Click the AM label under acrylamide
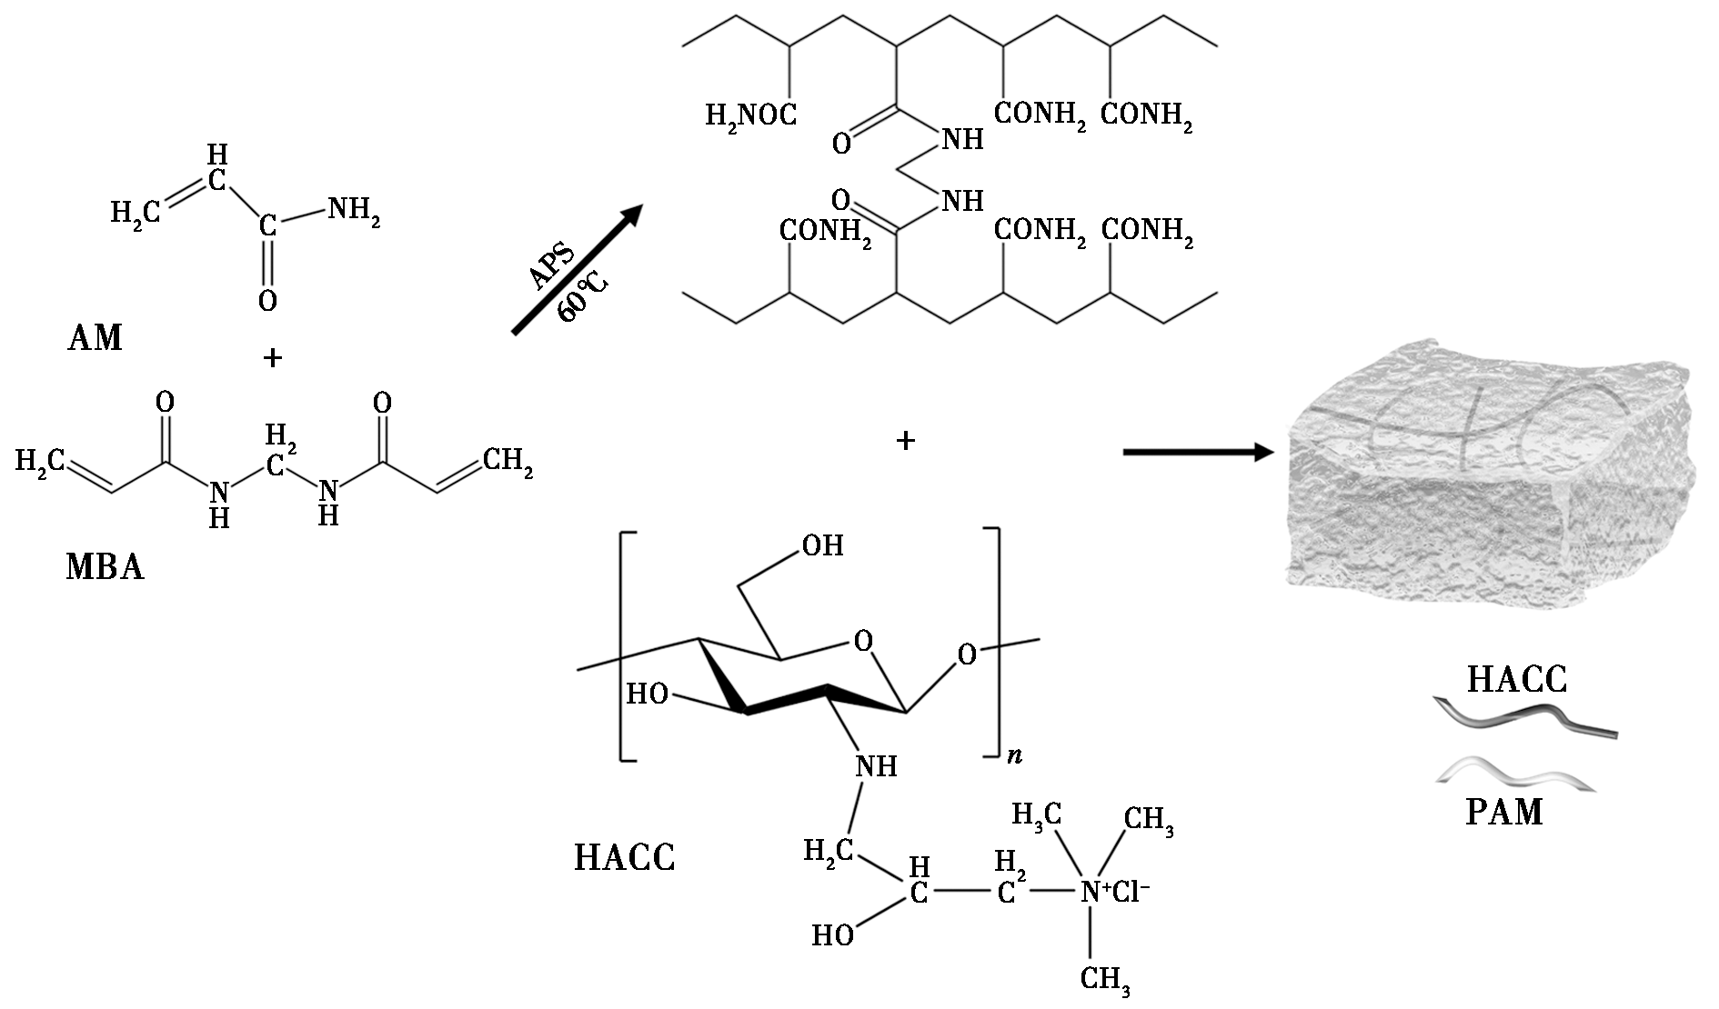95,337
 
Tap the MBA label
105,567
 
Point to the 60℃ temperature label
582,295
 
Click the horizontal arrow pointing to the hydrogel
1197,451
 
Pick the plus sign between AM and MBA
272,358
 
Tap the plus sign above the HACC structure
905,441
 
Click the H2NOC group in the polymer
751,115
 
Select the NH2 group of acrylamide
353,211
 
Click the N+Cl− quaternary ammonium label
1115,892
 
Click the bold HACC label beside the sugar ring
625,857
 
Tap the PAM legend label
1504,811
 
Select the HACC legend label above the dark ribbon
1517,679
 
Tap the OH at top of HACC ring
822,545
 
